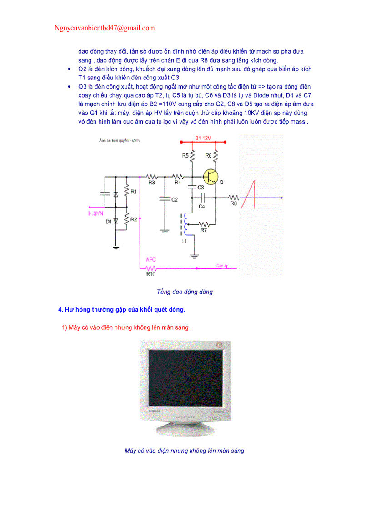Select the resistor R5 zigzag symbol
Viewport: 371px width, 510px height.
click(x=192, y=156)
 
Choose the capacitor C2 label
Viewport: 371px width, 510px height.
click(x=174, y=199)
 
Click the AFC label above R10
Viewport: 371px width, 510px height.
click(x=151, y=259)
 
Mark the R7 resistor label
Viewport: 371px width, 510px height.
click(x=204, y=231)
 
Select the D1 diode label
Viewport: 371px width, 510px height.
click(x=109, y=222)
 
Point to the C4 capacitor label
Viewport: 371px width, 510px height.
click(x=201, y=206)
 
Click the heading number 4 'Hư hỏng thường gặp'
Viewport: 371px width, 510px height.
click(x=121, y=310)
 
